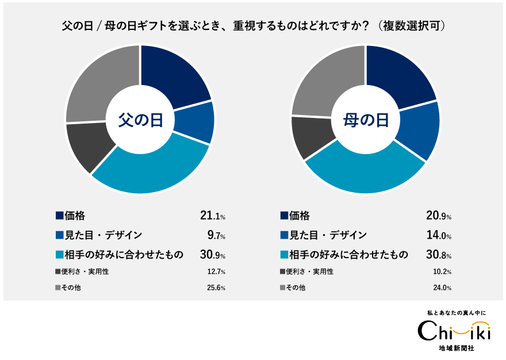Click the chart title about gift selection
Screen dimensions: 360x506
[x=254, y=26]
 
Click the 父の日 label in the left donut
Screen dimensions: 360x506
[x=140, y=120]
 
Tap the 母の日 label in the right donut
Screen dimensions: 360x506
[x=366, y=120]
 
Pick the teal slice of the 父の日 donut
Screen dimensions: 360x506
[x=152, y=170]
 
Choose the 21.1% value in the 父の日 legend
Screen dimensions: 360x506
[x=212, y=216]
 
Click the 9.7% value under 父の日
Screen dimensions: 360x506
[x=216, y=235]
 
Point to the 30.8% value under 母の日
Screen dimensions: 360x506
[x=438, y=255]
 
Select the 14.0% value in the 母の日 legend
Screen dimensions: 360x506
[x=438, y=235]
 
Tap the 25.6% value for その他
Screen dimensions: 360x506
[x=216, y=288]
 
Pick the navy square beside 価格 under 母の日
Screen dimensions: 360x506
[x=284, y=216]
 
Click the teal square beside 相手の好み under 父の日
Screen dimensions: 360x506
[x=59, y=255]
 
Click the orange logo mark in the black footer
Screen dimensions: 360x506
[x=470, y=327]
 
